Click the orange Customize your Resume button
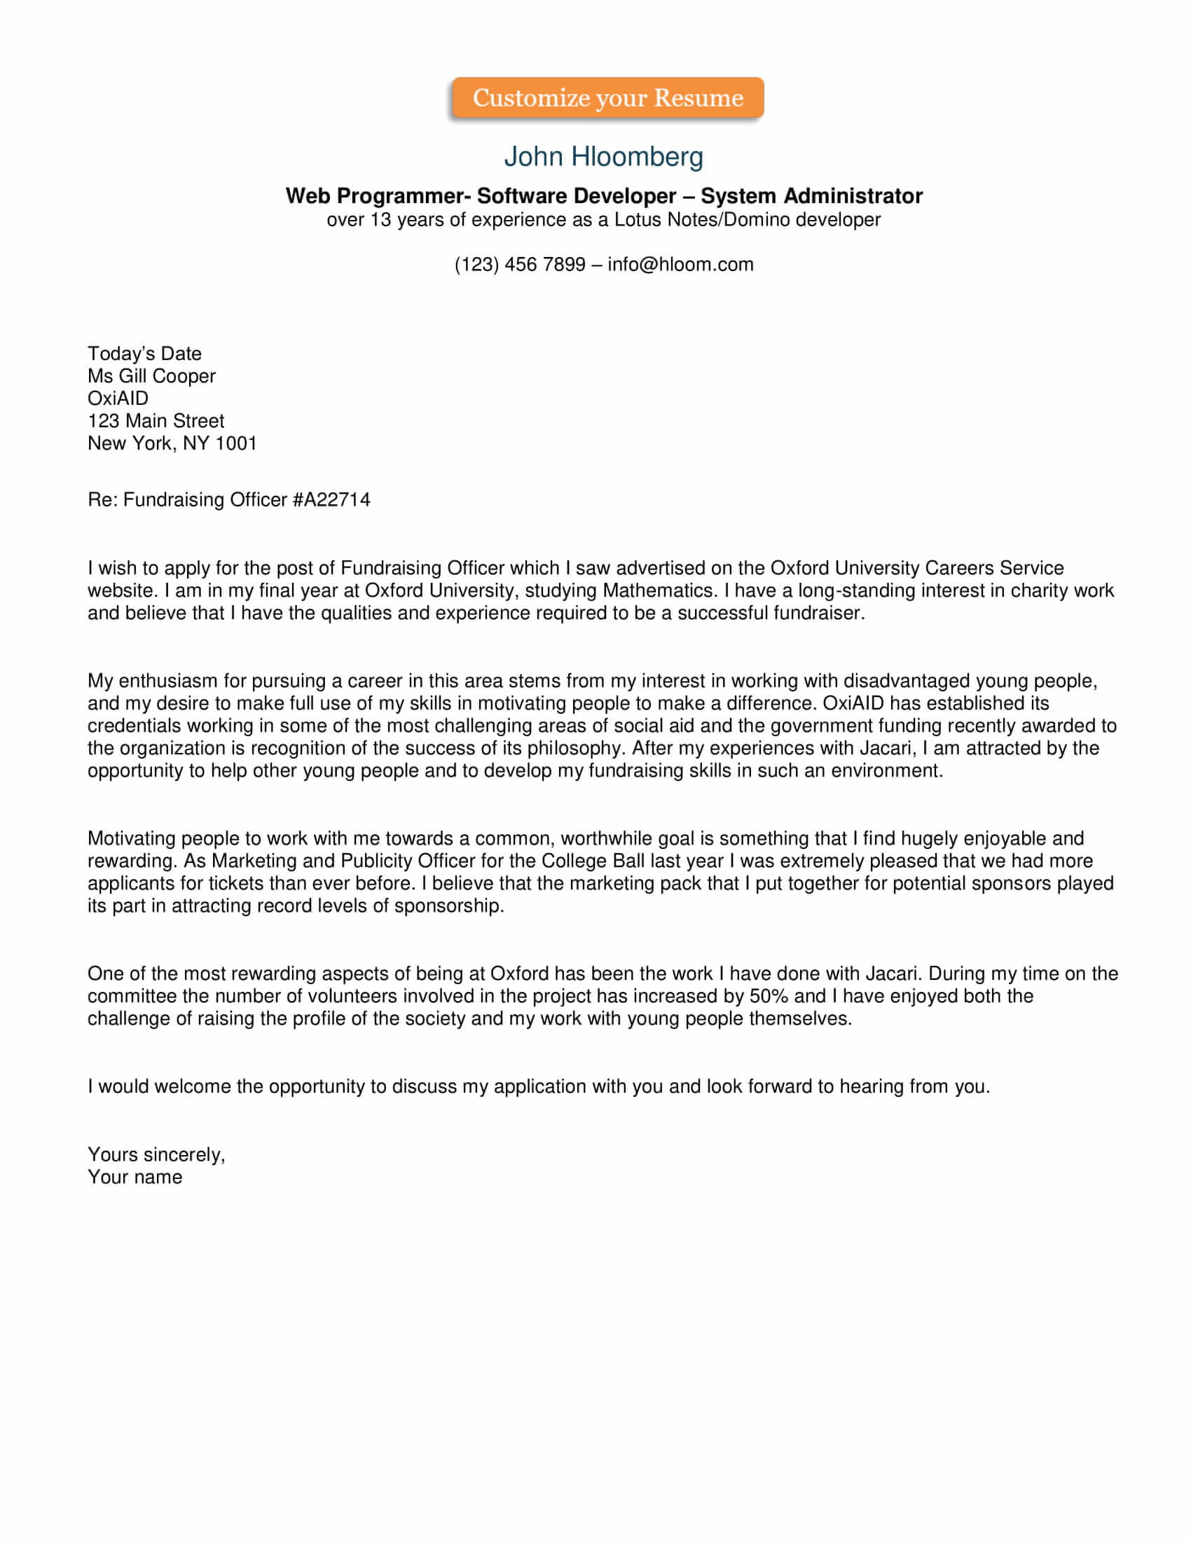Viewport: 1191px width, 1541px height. click(x=607, y=98)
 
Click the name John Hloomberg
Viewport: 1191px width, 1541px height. click(x=603, y=157)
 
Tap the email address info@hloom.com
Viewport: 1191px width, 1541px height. click(x=680, y=265)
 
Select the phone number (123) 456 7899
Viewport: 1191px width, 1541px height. click(x=519, y=265)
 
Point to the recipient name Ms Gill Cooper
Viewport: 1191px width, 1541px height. click(x=151, y=376)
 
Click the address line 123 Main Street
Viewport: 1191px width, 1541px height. click(x=156, y=421)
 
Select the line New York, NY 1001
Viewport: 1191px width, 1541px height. click(x=172, y=444)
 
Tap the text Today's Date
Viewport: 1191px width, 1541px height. click(x=144, y=354)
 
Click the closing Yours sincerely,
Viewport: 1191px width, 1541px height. click(x=156, y=1154)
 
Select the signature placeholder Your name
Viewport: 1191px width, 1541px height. click(x=135, y=1177)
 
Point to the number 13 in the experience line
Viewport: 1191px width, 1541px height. click(x=380, y=220)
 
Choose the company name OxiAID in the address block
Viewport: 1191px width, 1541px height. click(x=118, y=399)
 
